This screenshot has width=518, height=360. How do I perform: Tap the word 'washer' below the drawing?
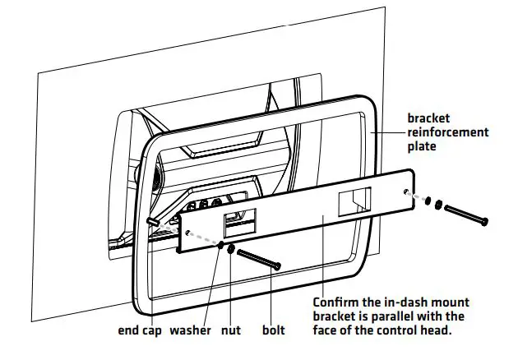click(x=191, y=332)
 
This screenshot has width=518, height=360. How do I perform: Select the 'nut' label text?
click(x=231, y=332)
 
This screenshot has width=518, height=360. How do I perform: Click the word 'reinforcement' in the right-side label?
click(x=448, y=132)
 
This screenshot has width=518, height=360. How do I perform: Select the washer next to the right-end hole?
click(x=425, y=198)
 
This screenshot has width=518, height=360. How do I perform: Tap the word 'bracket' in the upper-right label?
click(x=429, y=118)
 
